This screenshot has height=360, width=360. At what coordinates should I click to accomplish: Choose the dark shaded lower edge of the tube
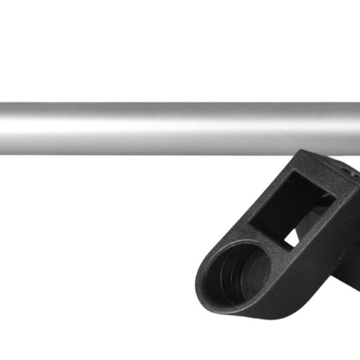pyautogui.click(x=126, y=151)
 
